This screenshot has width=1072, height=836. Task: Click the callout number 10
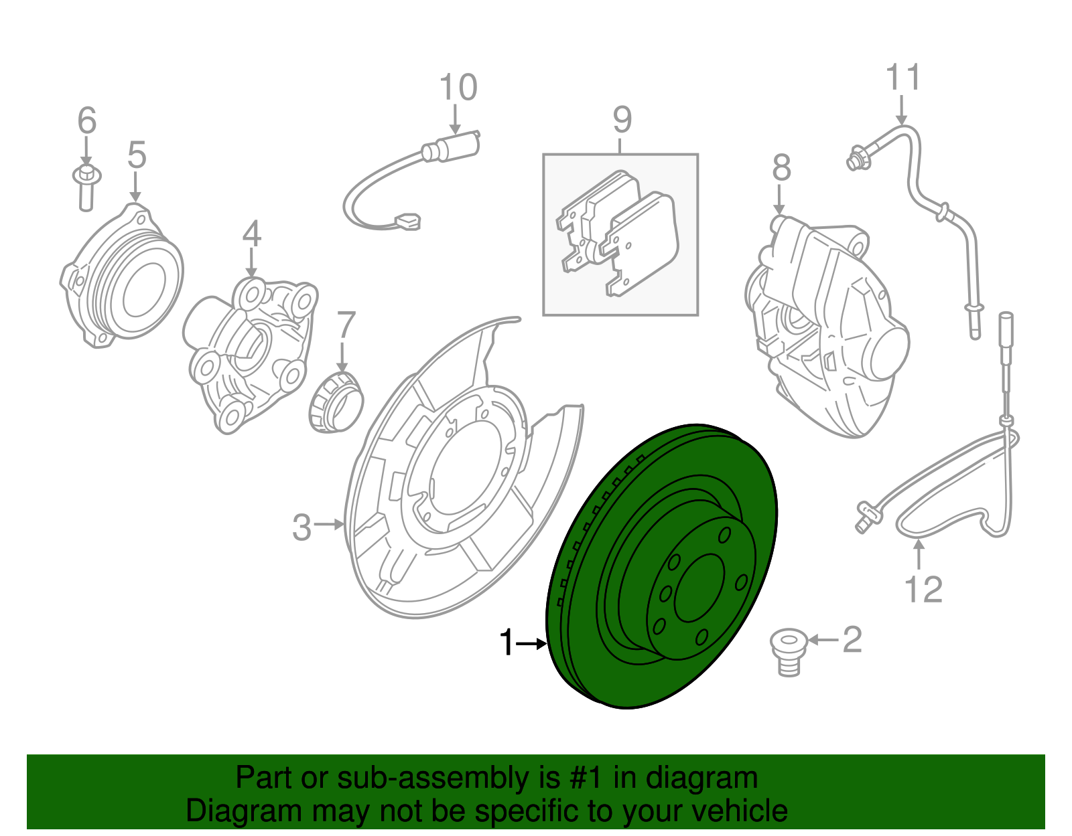click(458, 88)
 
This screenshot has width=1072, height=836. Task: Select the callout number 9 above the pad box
click(622, 120)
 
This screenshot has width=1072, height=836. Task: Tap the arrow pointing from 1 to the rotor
click(533, 644)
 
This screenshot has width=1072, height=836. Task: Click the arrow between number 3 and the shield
click(329, 524)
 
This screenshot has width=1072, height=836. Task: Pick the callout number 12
click(923, 590)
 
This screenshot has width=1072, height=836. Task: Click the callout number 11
click(903, 78)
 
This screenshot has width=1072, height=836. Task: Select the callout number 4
click(251, 234)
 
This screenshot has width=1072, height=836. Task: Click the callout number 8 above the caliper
click(781, 168)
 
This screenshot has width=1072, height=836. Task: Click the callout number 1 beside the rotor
click(507, 643)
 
